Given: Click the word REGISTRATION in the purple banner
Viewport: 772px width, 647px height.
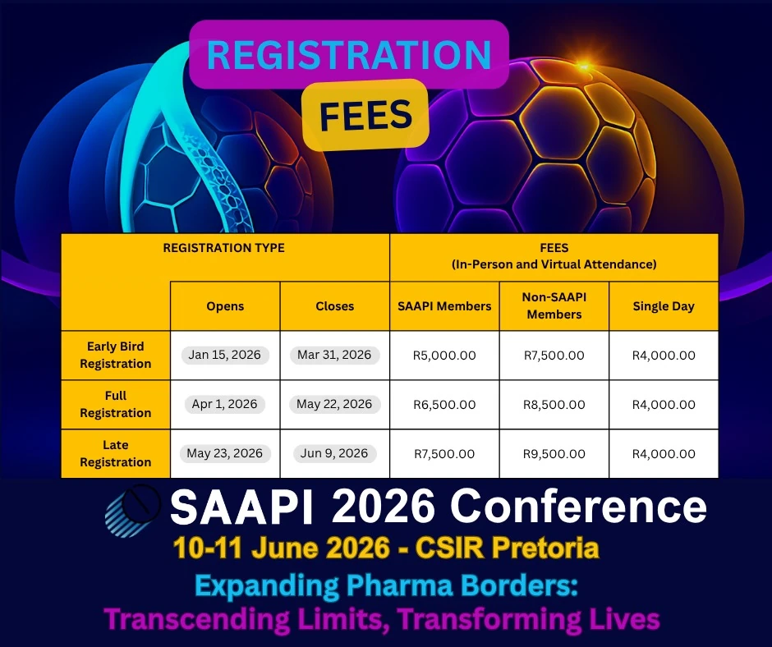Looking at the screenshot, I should (x=349, y=54).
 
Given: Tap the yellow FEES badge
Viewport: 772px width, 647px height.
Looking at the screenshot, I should (x=365, y=115).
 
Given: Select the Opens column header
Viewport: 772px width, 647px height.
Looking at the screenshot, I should (x=225, y=306).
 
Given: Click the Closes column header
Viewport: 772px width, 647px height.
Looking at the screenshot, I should (x=335, y=306).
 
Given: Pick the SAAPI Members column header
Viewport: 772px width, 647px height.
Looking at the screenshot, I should (x=444, y=306).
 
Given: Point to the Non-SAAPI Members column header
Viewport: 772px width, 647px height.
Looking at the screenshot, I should (x=554, y=306).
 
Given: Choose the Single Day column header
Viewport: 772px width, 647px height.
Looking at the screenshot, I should (x=664, y=306).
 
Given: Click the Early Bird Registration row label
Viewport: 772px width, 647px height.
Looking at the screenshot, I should (x=116, y=356).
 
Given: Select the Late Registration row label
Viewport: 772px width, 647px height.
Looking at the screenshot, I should (x=116, y=453).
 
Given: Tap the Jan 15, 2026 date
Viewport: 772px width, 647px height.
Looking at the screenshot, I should (x=224, y=356).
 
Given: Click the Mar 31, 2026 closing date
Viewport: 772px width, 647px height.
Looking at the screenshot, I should (x=334, y=356).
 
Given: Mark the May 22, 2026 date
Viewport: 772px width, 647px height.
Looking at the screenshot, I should (x=334, y=404).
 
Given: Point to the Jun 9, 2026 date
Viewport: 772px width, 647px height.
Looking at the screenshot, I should (x=334, y=453).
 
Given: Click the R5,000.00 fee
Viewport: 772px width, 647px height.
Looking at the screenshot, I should (x=444, y=356).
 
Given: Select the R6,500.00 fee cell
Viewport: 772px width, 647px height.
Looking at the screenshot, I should (x=444, y=405).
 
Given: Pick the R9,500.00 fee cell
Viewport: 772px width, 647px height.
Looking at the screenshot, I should (x=554, y=454).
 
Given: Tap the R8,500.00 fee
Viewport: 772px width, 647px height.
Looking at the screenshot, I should (x=554, y=405).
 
